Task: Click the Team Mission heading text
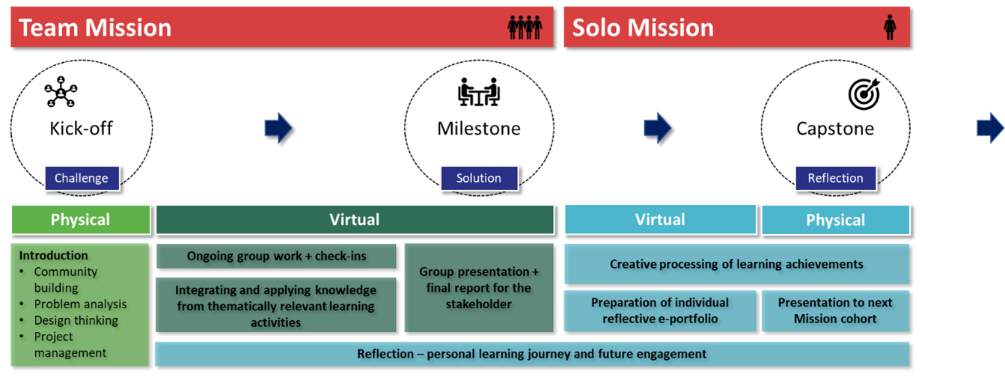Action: [x=95, y=28]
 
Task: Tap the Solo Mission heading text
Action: [x=643, y=28]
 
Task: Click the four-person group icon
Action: [x=524, y=28]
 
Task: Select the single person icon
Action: [x=890, y=28]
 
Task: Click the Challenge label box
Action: [x=82, y=178]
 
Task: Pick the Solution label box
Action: [x=479, y=178]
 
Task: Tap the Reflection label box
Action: [x=835, y=178]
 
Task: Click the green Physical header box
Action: [x=80, y=220]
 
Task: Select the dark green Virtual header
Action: [x=354, y=220]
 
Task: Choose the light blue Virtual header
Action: [x=660, y=220]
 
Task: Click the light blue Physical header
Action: [x=835, y=220]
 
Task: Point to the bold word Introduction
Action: [x=53, y=256]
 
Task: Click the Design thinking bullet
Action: [x=76, y=320]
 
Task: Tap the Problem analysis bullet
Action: [x=80, y=304]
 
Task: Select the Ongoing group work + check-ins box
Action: [x=276, y=256]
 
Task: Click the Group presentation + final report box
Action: [x=479, y=288]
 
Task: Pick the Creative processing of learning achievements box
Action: [x=736, y=264]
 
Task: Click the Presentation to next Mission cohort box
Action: [x=835, y=310]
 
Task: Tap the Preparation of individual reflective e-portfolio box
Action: [x=660, y=310]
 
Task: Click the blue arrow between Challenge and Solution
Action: [x=278, y=129]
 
